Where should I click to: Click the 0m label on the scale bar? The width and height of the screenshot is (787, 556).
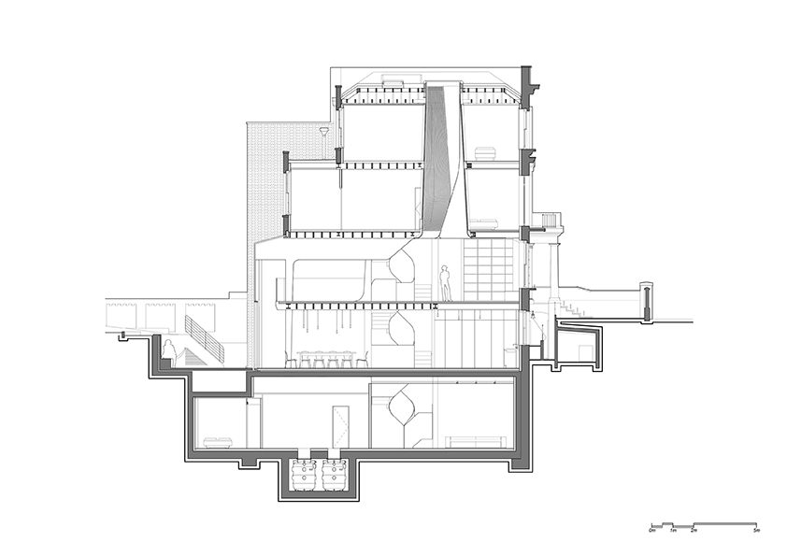[652, 531]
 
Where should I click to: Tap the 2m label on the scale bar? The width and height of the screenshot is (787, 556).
[693, 531]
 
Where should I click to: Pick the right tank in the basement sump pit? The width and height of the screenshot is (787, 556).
[334, 474]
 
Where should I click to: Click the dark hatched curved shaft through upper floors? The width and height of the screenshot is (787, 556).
[437, 159]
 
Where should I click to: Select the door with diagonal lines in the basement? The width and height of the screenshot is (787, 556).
[339, 427]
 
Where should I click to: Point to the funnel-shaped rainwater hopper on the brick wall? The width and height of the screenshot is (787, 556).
[323, 133]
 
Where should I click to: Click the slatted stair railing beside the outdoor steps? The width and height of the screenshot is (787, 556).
[205, 339]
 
